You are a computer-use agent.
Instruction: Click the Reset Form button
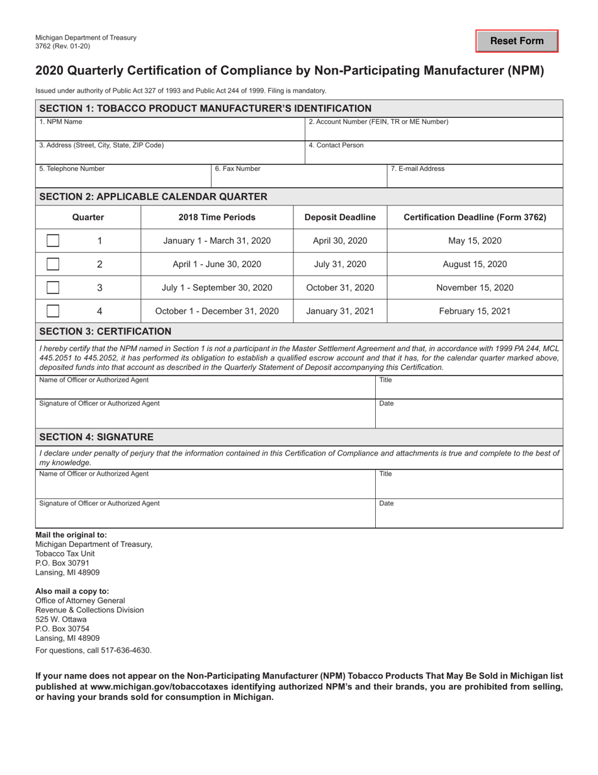pos(517,41)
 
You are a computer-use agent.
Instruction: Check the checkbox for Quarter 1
pos(54,241)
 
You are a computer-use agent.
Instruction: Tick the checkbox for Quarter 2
pos(54,265)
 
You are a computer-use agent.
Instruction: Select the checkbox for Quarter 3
pos(54,288)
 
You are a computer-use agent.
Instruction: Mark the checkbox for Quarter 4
pos(54,311)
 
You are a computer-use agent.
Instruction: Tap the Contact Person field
pos(434,154)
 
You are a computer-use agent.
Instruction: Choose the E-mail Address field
pos(475,178)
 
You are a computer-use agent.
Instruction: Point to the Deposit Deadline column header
pos(340,217)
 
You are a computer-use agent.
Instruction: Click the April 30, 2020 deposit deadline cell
pos(340,241)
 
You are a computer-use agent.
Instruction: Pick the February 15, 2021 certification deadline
pos(475,311)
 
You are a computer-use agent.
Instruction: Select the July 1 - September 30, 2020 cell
pos(217,288)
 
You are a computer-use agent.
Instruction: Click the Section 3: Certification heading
pos(105,331)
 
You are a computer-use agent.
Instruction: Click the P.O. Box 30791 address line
pos(62,563)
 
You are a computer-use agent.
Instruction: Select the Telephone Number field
pos(123,178)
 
